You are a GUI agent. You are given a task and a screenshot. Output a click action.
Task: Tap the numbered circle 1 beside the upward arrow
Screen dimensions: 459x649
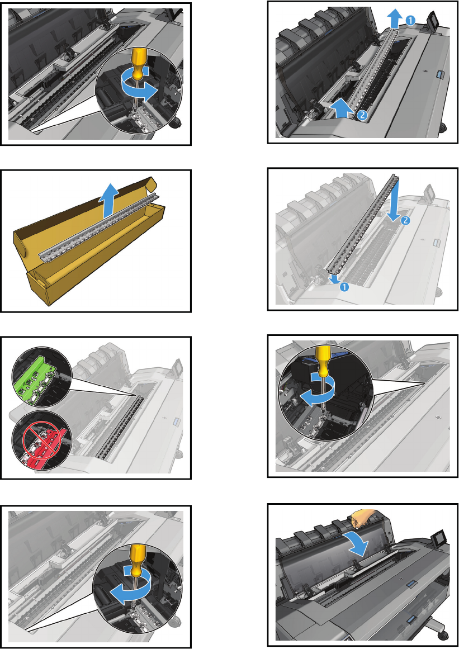[410, 20]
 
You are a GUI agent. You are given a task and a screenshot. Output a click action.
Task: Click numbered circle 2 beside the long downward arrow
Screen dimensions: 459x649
[405, 220]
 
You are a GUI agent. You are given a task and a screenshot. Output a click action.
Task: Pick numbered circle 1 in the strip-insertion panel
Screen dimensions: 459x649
[344, 286]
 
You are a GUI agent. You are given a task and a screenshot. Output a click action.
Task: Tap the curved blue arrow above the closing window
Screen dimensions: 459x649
[356, 543]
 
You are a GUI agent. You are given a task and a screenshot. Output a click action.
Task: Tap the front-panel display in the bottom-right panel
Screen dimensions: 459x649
[436, 539]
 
